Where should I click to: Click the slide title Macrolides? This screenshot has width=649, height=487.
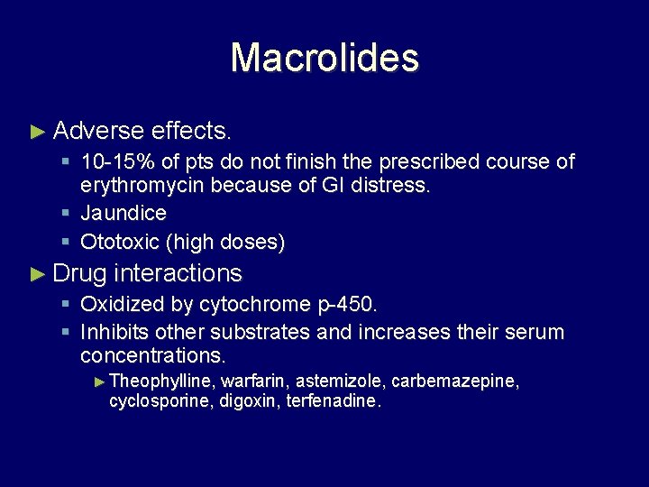324,58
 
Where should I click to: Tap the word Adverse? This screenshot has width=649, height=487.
98,132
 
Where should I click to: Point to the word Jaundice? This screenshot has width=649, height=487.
123,214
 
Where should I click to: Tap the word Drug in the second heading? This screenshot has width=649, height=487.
80,273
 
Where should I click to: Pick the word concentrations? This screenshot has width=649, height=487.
152,356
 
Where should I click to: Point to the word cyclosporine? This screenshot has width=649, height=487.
160,400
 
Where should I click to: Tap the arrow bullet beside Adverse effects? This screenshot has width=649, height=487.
37,132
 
